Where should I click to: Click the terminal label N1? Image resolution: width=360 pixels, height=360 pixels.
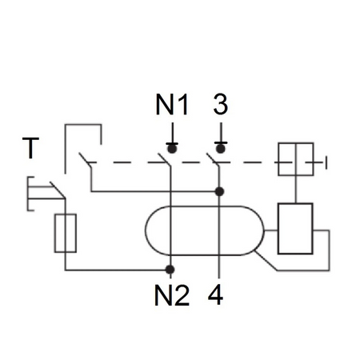172,105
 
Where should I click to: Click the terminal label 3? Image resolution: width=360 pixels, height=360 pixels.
221,105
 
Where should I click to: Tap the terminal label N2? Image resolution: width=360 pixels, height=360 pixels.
172,295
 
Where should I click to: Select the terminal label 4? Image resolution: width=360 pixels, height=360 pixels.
215,295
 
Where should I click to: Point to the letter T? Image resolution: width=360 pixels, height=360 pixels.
30,148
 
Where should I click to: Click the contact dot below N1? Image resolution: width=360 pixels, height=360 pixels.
172,148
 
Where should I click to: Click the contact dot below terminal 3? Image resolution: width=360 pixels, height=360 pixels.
221,148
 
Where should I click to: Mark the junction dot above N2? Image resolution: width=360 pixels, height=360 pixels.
170,270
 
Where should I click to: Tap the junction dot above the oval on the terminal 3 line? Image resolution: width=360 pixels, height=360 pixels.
219,191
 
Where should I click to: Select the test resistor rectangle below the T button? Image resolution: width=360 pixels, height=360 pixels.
66,233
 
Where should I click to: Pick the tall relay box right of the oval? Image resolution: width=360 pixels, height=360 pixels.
295,229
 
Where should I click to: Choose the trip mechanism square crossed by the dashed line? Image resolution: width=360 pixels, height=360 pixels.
296,159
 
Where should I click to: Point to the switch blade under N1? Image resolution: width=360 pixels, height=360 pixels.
164,159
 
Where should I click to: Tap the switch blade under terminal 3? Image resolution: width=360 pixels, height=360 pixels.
213,159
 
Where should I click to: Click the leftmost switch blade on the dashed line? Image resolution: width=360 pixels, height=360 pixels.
85,159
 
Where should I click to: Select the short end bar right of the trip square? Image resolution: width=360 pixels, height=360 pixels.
326,163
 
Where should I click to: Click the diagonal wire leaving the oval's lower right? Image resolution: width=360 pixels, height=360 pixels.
266,261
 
